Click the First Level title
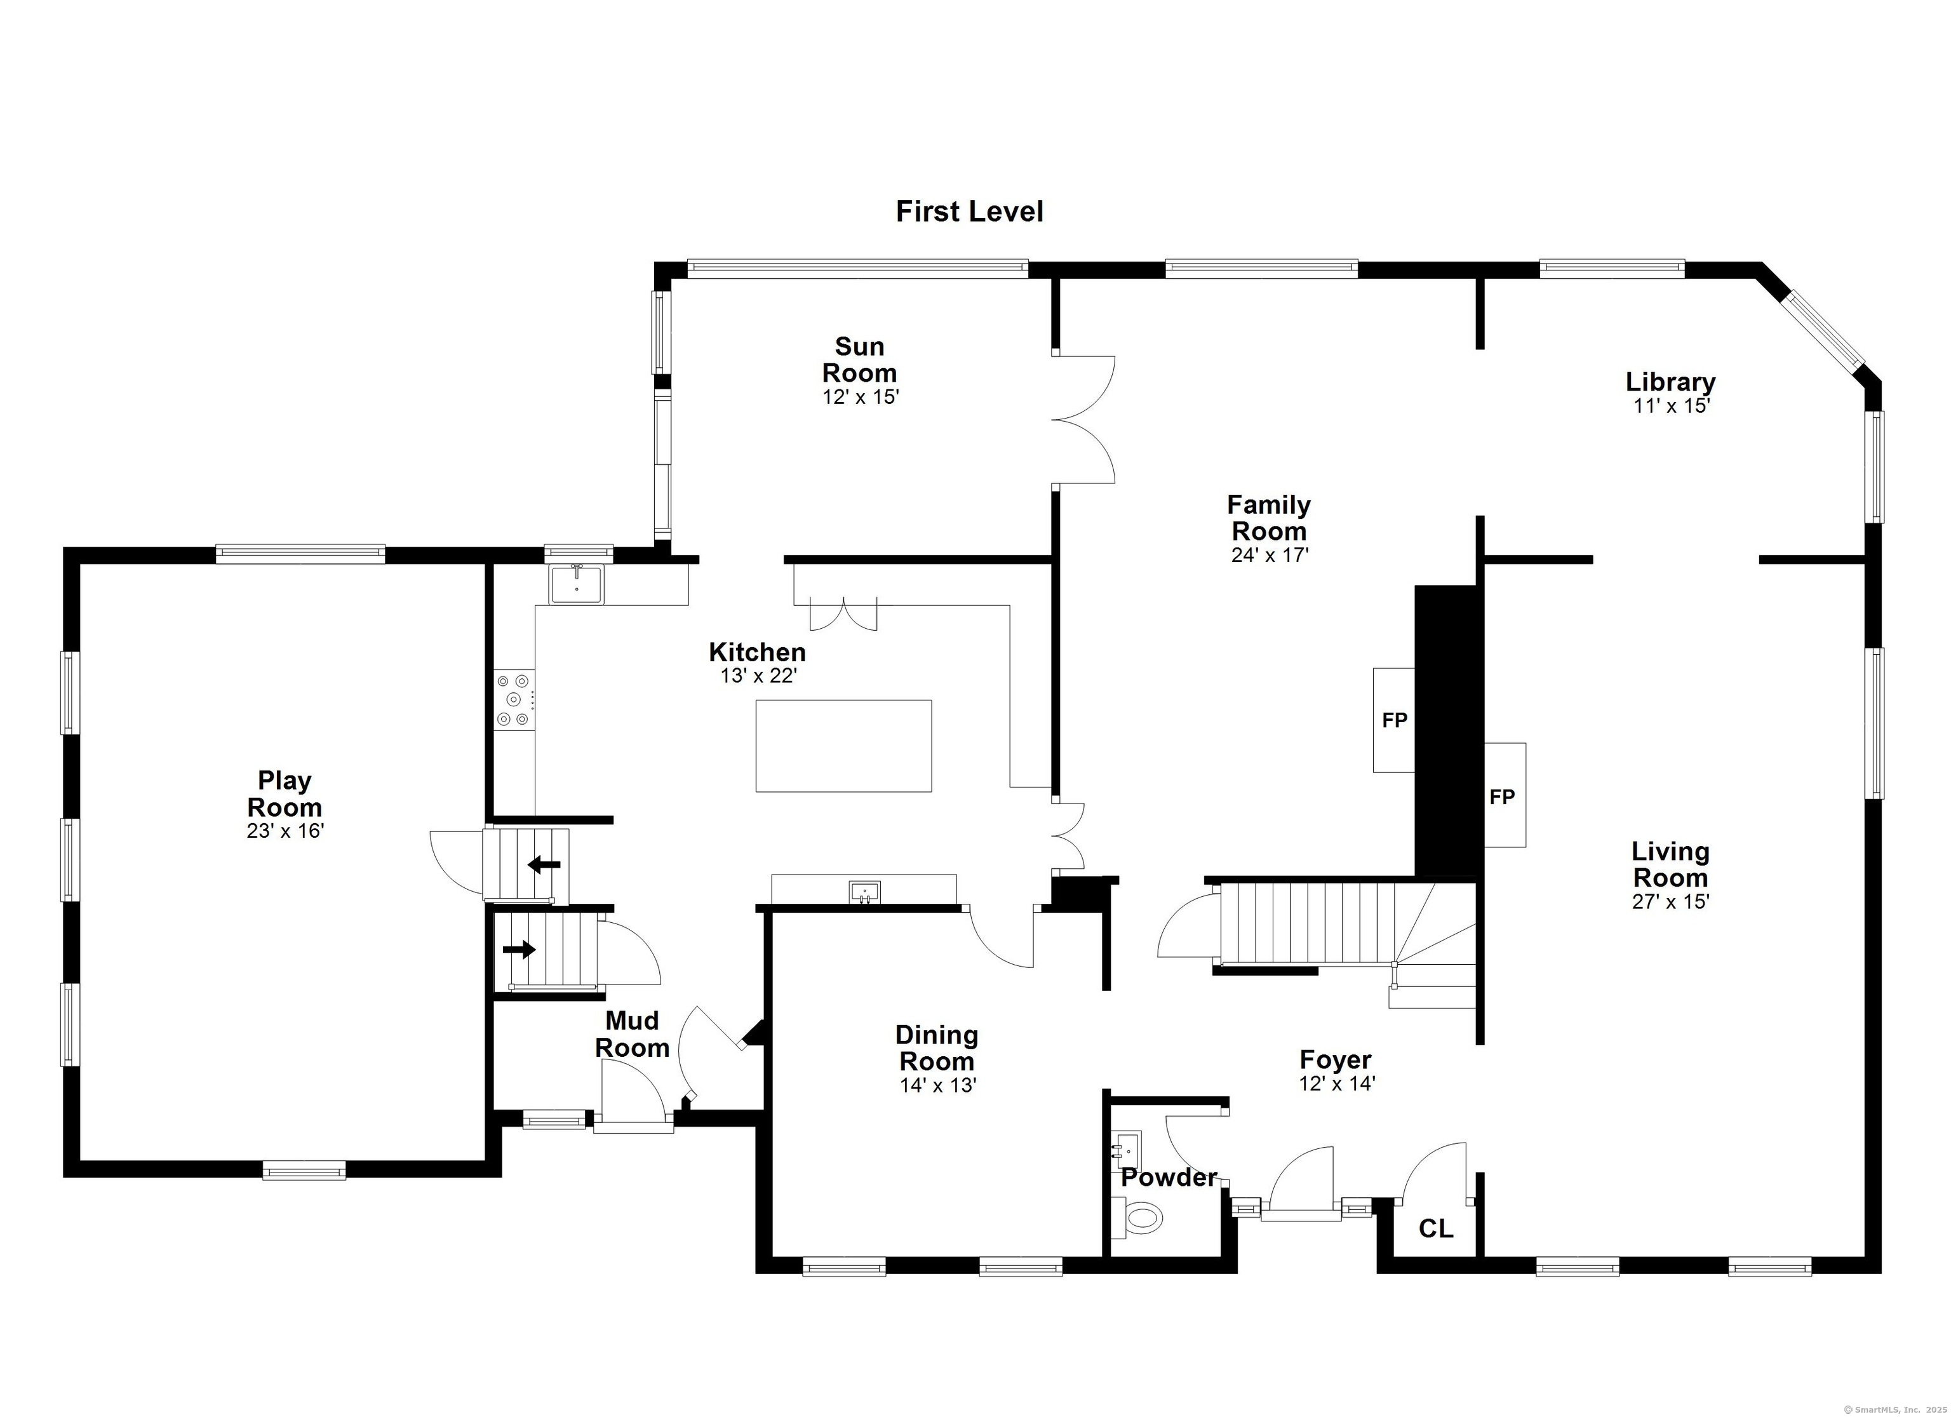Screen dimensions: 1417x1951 (x=970, y=212)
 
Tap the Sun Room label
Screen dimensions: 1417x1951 (x=859, y=359)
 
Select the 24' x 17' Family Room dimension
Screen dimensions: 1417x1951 (x=1270, y=555)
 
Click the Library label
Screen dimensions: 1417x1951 (x=1670, y=381)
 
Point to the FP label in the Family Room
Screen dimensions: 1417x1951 (x=1395, y=720)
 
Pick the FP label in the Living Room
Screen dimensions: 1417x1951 (x=1502, y=796)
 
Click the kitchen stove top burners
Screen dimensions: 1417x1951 (x=514, y=701)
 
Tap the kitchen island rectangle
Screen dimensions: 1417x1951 (x=843, y=745)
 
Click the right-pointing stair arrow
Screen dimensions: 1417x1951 (x=519, y=950)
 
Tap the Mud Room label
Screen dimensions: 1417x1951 (x=633, y=1034)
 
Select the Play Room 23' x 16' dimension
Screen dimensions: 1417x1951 (x=285, y=831)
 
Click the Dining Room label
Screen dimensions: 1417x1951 (x=937, y=1048)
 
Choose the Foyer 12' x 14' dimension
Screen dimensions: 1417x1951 (x=1337, y=1083)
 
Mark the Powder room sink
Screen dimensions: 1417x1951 (x=1125, y=1147)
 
